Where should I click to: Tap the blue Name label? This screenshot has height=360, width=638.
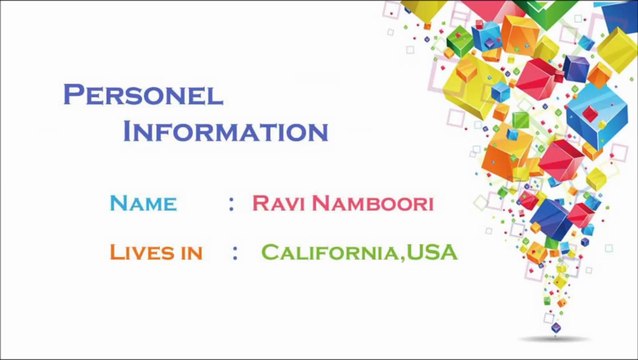[143, 204]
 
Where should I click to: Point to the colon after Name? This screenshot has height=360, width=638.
[231, 204]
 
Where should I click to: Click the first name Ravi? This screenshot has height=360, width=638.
[278, 204]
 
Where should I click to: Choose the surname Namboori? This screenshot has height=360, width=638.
[372, 204]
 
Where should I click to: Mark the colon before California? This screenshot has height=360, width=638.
[235, 252]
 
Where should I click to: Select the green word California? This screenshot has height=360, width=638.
[331, 252]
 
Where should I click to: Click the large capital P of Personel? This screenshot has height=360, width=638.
[73, 94]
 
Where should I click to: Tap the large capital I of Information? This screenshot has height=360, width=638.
[129, 131]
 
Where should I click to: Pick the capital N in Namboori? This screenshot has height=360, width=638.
[322, 204]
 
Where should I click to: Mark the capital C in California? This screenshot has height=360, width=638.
[271, 252]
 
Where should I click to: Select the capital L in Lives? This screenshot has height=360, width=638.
[116, 252]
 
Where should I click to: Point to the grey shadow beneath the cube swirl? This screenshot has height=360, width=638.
[554, 339]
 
